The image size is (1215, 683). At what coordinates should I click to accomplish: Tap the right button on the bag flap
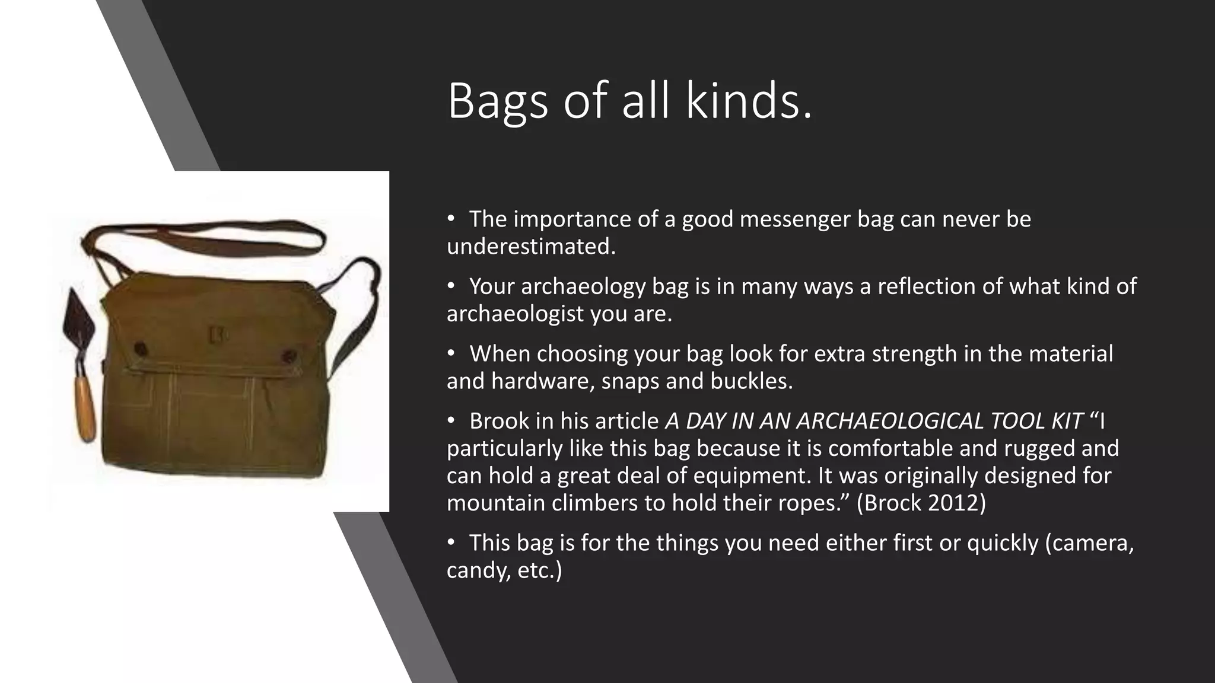coord(290,356)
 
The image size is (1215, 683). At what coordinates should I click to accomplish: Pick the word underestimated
coord(530,247)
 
